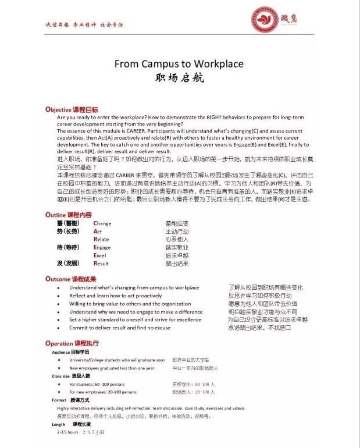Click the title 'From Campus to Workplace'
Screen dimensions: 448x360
[x=179, y=64]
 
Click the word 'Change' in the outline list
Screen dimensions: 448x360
[x=102, y=223]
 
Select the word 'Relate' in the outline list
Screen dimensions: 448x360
[x=101, y=239]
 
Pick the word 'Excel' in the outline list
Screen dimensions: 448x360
[x=100, y=255]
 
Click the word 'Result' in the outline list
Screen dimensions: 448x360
[x=101, y=264]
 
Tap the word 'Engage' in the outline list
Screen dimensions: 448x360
[x=102, y=247]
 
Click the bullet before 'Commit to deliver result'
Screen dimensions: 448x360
[x=58, y=328]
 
